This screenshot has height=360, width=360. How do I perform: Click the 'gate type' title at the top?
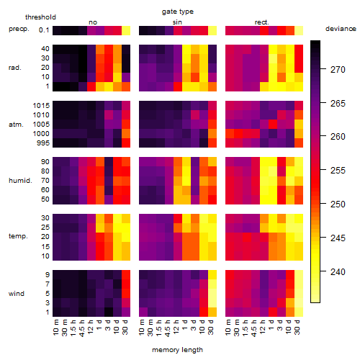coord(178,12)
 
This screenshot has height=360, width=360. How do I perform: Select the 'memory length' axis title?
coord(177,350)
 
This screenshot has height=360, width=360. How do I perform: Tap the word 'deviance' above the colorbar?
coord(341,29)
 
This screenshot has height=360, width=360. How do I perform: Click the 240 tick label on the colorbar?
coord(338,272)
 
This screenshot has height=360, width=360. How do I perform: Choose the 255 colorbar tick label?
coord(338,171)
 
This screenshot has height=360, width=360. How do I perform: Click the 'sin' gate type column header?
coord(177,22)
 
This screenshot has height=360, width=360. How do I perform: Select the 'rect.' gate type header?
coord(262,22)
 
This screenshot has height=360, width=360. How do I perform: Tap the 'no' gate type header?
coord(93,22)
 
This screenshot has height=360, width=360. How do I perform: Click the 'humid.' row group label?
coord(20,181)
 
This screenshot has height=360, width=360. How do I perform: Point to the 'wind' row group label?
coord(17,294)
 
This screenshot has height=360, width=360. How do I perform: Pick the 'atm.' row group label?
coord(16,125)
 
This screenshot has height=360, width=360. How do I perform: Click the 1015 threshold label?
coord(41,106)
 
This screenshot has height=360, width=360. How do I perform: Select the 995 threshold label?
coord(43,143)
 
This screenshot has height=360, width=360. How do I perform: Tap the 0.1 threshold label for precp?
coord(44,30)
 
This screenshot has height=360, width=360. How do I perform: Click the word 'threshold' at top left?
coord(40,17)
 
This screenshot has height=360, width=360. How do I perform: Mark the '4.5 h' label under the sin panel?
coord(168,328)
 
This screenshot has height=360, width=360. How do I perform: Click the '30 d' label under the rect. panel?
coord(297,327)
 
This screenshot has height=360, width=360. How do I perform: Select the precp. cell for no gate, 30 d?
coord(126,30)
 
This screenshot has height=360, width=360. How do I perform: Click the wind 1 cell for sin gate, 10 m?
coord(143,312)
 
